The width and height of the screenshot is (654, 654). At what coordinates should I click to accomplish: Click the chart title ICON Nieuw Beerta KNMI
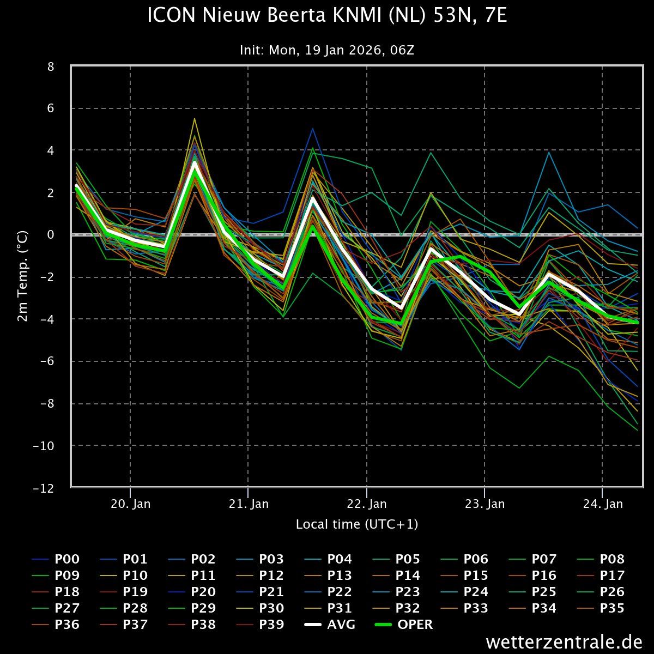(327, 16)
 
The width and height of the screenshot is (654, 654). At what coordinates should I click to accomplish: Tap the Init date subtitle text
(327, 50)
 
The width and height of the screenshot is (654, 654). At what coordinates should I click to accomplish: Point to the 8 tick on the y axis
(51, 66)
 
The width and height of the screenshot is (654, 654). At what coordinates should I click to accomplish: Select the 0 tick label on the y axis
(51, 235)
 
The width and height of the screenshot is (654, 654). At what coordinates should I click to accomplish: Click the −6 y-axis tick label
(47, 361)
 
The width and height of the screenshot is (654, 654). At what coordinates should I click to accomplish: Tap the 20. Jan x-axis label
(130, 504)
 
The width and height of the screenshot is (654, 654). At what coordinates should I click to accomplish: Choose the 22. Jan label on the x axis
(367, 504)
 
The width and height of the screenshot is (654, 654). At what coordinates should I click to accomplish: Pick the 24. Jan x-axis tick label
(603, 504)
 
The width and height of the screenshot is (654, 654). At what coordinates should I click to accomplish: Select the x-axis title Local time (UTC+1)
(357, 524)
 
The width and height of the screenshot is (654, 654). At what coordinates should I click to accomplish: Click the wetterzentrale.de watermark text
(564, 641)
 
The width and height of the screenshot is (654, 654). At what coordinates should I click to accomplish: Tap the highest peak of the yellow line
(194, 118)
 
